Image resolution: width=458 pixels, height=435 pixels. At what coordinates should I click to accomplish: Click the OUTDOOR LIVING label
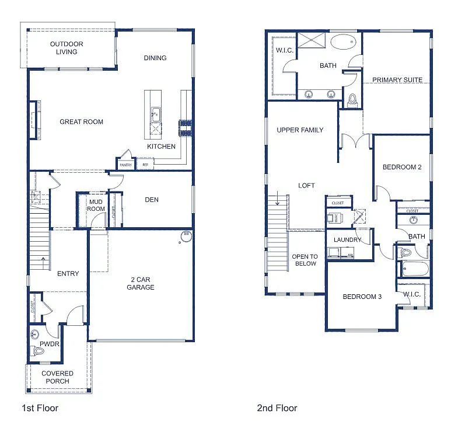(67, 48)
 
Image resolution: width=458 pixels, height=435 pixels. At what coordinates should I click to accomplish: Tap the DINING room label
(155, 58)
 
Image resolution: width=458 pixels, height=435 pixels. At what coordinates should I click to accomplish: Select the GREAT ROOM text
(81, 122)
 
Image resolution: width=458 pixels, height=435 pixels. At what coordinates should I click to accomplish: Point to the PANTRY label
(125, 165)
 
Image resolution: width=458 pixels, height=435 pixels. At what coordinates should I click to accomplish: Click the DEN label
(152, 200)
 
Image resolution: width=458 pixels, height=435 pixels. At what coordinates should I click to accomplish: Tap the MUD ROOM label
(96, 206)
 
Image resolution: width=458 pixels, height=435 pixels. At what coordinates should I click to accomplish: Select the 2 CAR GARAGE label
(141, 283)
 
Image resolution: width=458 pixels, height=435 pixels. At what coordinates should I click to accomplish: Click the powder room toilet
(39, 351)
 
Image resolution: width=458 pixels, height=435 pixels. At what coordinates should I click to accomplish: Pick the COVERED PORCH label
(57, 377)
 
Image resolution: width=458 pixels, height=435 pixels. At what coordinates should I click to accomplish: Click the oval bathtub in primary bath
(342, 43)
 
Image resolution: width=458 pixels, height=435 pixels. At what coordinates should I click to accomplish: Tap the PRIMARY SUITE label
(397, 80)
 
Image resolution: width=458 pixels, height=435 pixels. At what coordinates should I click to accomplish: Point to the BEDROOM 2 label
(402, 167)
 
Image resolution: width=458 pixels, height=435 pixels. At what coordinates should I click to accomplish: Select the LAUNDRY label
(347, 239)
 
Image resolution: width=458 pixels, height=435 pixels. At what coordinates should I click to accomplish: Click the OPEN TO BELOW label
(305, 260)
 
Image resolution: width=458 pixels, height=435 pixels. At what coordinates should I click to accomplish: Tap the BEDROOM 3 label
(362, 297)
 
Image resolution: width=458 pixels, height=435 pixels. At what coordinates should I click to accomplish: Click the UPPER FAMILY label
(300, 130)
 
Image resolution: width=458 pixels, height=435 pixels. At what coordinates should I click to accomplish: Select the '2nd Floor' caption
(277, 408)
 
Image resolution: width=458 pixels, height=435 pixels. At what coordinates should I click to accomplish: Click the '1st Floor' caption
(40, 408)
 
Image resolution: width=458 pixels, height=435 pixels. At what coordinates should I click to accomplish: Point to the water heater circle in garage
(187, 236)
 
